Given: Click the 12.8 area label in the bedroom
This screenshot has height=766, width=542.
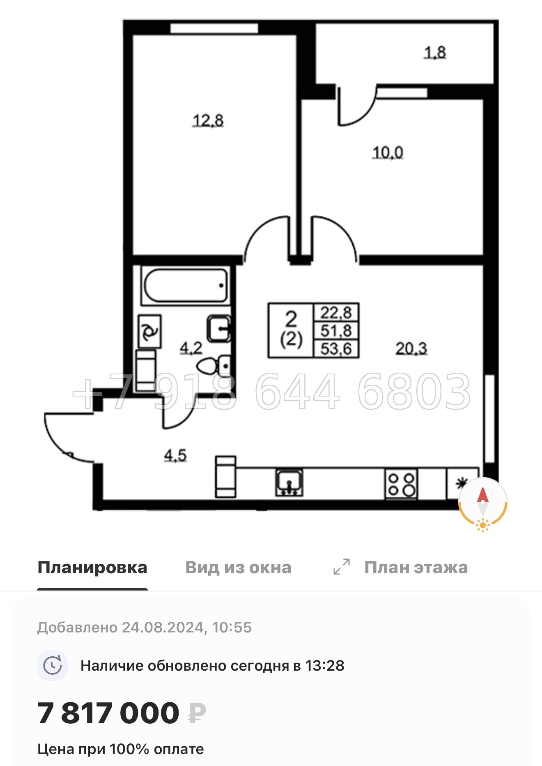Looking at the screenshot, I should pos(208,120).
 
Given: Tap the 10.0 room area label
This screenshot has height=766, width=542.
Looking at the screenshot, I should pos(388,152).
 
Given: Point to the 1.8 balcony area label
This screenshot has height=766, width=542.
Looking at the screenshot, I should pos(435,53).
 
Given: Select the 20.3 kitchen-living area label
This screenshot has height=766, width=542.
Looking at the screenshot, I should pos(411,348).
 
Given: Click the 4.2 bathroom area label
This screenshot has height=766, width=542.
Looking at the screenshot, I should pos(191,348).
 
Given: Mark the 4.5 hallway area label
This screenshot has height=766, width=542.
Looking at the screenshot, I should pos(175,455).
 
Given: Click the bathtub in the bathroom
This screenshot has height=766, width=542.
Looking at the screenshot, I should pos(185,286).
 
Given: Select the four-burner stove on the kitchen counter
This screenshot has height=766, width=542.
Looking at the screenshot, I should pos(401,484).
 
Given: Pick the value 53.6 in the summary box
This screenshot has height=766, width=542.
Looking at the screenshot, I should pos(336,349).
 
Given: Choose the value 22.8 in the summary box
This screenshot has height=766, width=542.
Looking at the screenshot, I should pos(336,313).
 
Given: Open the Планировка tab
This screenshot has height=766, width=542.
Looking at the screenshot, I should pos(92,568).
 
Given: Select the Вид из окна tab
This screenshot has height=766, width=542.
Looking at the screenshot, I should pos(238,568).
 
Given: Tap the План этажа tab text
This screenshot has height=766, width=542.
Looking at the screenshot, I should pos(416,568).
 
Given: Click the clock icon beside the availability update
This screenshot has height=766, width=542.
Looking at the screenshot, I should pos(53,665).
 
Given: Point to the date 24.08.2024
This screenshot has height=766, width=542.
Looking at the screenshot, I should pos(163,628).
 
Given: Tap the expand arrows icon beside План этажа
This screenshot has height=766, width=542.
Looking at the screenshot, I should pos(342,567).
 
